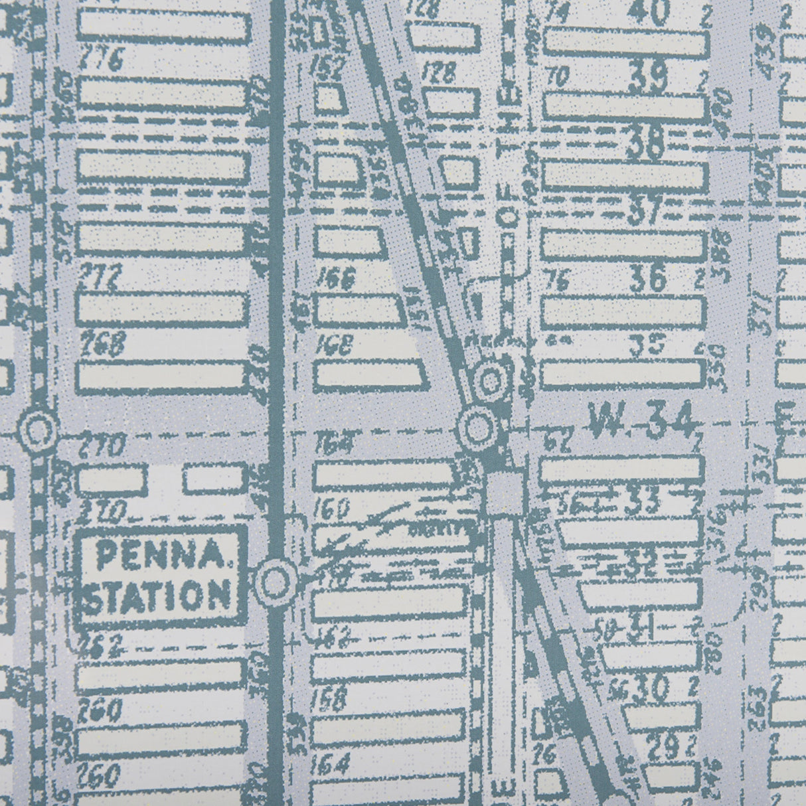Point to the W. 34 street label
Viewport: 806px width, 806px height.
pyautogui.click(x=642, y=420)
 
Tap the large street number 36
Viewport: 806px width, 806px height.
pyautogui.click(x=647, y=280)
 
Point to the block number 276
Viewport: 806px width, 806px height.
pyautogui.click(x=102, y=62)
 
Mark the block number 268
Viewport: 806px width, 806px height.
pyautogui.click(x=102, y=343)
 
